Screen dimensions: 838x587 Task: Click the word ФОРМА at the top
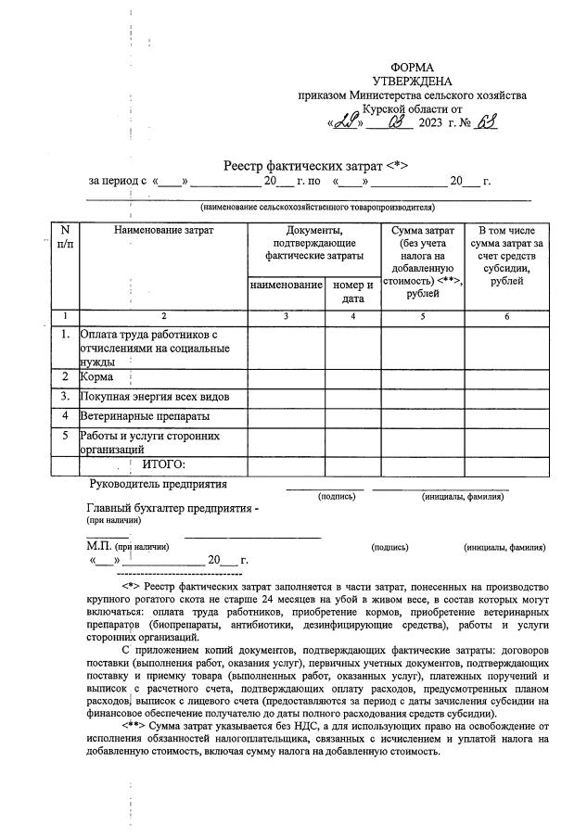[x=412, y=68]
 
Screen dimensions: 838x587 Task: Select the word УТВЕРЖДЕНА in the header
[x=412, y=82]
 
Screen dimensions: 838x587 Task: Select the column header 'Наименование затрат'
[x=163, y=230]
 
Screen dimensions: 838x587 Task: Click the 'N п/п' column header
[x=64, y=236]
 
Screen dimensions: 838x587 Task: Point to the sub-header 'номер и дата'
[x=352, y=292]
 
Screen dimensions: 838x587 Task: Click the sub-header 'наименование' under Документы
[x=287, y=286]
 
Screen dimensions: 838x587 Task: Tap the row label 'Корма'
[x=97, y=377]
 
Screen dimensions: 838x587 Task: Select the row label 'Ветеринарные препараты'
[x=145, y=416]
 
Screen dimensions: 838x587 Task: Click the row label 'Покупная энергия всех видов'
[x=154, y=397]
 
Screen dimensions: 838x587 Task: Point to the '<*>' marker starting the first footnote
[x=130, y=588]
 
